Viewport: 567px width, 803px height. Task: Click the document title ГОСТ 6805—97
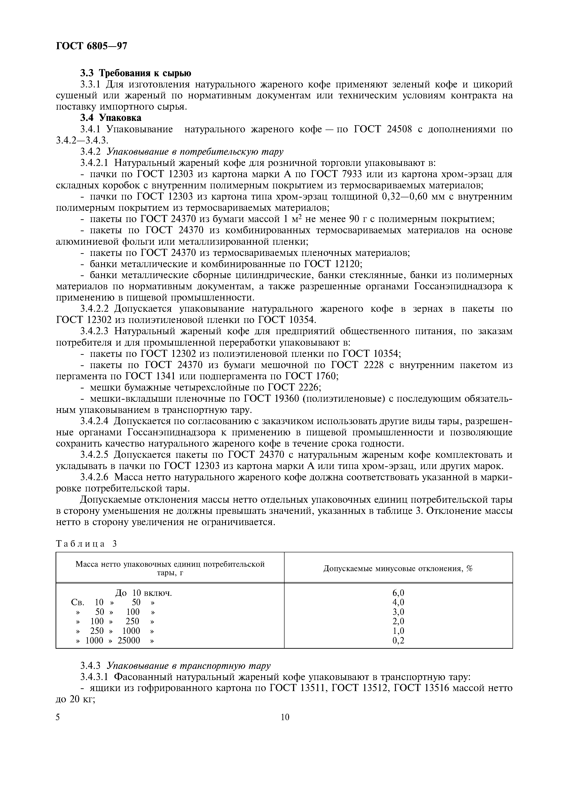[x=91, y=46]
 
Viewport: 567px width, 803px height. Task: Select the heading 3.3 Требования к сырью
[x=136, y=73]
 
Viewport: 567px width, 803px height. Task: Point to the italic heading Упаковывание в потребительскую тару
[x=195, y=152]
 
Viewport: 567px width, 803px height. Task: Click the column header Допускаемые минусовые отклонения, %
[x=398, y=568]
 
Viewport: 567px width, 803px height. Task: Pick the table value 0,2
[x=398, y=640]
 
